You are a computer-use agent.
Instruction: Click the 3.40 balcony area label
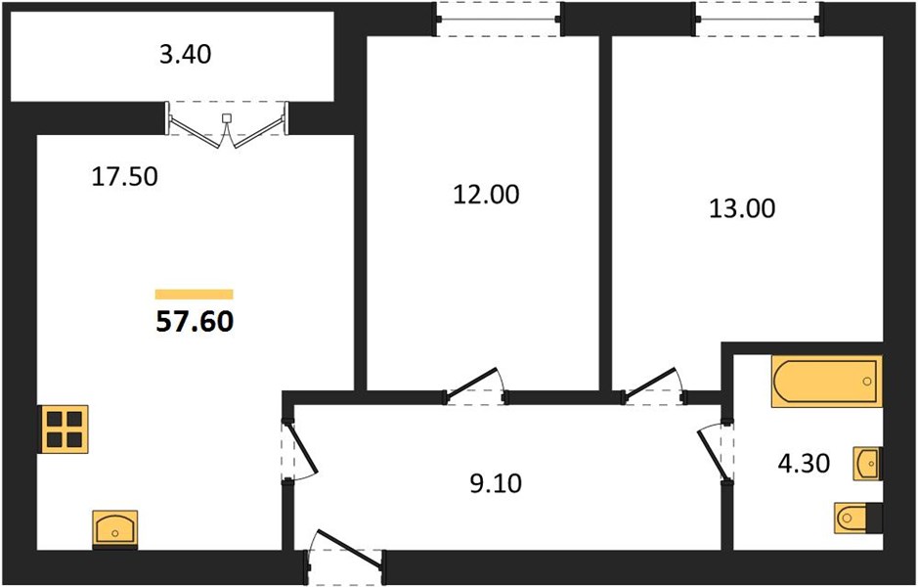click(x=185, y=55)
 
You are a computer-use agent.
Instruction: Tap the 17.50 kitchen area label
click(x=125, y=176)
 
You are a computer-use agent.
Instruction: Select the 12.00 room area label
click(x=486, y=195)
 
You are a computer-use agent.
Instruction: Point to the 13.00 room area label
click(x=742, y=208)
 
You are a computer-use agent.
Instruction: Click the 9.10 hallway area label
click(x=496, y=484)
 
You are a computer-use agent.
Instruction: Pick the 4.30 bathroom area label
click(x=804, y=464)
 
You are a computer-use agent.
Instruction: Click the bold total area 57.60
click(x=195, y=321)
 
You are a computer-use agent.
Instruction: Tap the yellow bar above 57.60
click(x=195, y=294)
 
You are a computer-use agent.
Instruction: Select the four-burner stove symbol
click(x=64, y=429)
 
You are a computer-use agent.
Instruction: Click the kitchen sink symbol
click(x=114, y=529)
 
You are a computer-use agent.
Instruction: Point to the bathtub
click(x=827, y=381)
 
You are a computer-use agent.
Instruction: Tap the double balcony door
click(x=227, y=126)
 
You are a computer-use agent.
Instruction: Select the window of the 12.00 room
click(x=499, y=20)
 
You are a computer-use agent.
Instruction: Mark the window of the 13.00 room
click(x=759, y=20)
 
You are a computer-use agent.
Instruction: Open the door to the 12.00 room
click(x=475, y=386)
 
